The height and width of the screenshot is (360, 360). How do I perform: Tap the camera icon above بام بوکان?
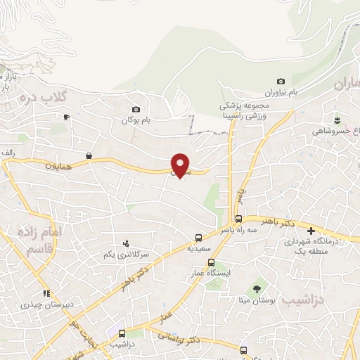pos(136,109)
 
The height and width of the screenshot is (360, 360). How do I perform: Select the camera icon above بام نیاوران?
pos(281,82)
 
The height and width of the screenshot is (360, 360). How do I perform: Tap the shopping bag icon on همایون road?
pos(89,155)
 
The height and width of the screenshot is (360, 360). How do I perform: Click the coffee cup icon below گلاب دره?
pos(67,117)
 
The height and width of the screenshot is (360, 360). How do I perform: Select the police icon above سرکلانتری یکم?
pos(126,243)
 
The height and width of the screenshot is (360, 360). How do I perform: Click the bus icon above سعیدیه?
pos(199,238)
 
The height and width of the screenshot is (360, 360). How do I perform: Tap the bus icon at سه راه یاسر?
pos(239,219)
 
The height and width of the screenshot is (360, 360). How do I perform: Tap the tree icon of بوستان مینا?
pos(257,289)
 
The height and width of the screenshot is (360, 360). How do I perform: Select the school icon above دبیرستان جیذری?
pos(46,294)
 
